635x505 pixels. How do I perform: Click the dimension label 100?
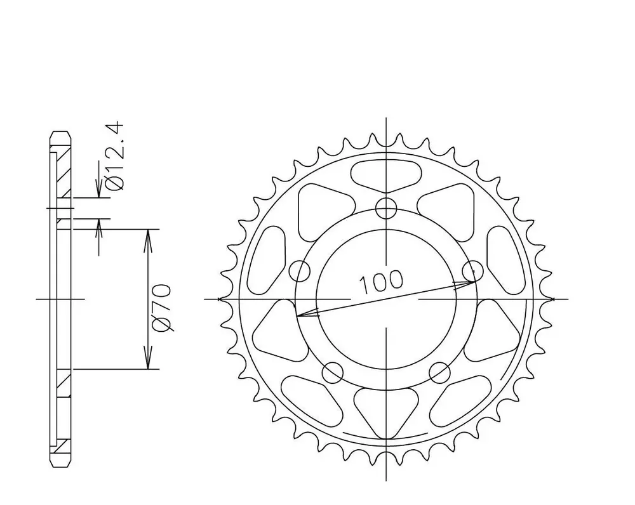pos(381,282)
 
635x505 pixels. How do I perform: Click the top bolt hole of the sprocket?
pos(386,209)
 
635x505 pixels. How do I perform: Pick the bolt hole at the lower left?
pos(333,372)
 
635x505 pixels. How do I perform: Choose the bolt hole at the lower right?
pos(440,372)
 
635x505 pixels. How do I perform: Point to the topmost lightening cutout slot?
pos(386,175)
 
